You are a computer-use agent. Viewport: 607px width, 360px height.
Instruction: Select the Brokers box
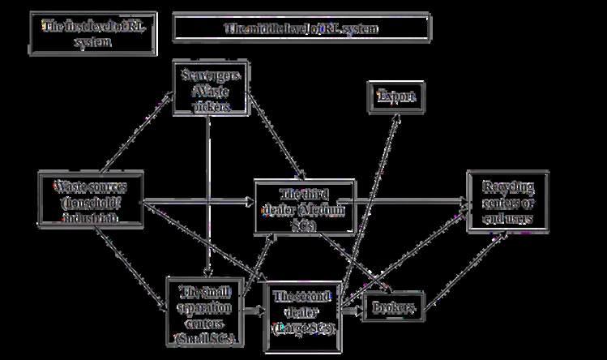click(395, 307)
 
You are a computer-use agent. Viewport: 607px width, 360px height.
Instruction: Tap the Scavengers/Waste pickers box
click(209, 88)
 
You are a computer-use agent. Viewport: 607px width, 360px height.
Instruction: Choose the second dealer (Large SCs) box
click(302, 313)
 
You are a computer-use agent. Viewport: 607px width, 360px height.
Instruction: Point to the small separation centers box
click(204, 313)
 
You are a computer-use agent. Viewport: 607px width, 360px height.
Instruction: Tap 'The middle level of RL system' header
click(301, 28)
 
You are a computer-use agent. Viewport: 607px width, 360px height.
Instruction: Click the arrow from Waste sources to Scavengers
click(134, 126)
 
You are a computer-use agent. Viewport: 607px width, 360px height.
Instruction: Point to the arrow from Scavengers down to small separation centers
click(208, 195)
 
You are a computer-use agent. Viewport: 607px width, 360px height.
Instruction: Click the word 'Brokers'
click(395, 307)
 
